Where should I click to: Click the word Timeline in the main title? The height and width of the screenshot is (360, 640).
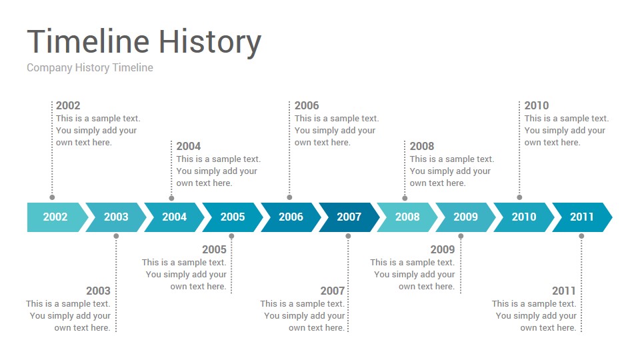(88, 41)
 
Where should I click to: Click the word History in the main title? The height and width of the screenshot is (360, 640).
(210, 43)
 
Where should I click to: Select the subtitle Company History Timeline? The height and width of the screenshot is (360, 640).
(90, 68)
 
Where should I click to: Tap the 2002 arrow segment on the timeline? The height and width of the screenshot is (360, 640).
(55, 217)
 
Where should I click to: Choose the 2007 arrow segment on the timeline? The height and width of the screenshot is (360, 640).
(349, 217)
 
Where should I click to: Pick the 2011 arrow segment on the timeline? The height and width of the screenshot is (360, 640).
(581, 217)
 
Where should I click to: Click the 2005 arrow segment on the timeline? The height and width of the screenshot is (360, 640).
(233, 217)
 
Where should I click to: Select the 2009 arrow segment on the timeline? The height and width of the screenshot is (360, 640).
(465, 217)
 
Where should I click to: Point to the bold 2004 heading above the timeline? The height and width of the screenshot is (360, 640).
(189, 146)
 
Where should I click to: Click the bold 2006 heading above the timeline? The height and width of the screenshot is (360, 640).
(307, 105)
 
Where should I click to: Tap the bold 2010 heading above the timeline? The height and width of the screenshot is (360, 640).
(536, 105)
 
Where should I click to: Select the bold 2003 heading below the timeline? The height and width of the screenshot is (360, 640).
(99, 291)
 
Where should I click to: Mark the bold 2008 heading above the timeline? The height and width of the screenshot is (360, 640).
(422, 146)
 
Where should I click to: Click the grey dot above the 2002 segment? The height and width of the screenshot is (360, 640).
(52, 197)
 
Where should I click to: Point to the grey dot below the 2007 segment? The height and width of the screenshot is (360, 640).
(348, 236)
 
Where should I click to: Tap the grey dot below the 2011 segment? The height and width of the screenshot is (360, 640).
(581, 236)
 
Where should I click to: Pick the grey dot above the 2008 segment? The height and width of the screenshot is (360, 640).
(405, 198)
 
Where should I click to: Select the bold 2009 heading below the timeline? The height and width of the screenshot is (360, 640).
(443, 249)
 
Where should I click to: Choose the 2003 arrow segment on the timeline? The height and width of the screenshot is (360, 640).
(116, 217)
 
